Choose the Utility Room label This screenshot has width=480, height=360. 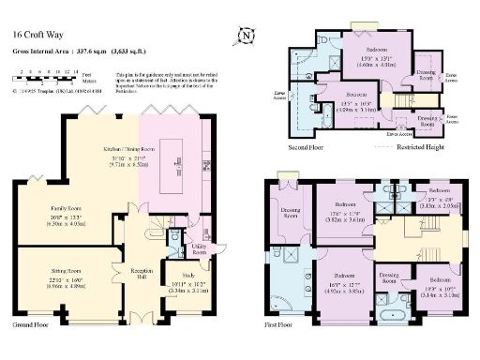(201, 248)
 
